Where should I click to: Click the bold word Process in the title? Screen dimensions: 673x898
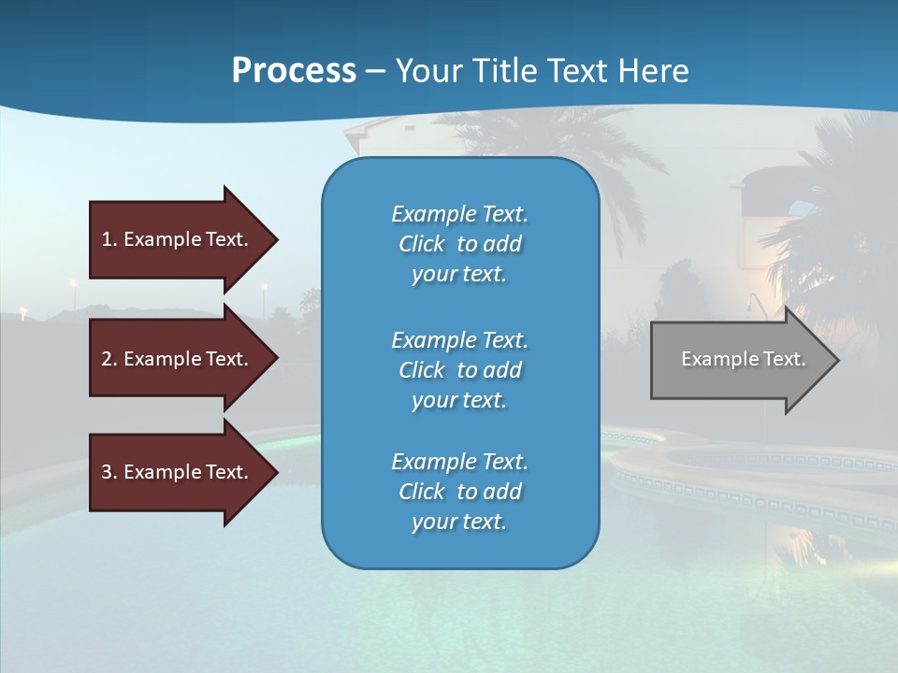point(294,71)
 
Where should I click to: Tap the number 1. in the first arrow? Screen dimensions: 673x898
point(109,239)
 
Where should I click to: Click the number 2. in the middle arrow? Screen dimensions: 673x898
point(109,359)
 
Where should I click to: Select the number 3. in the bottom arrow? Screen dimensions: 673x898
point(109,472)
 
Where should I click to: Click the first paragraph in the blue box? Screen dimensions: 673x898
point(459,244)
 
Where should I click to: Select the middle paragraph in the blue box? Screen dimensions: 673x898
point(459,370)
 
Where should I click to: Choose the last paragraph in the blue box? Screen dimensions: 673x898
point(459,492)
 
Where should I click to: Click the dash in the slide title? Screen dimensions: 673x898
point(375,71)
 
